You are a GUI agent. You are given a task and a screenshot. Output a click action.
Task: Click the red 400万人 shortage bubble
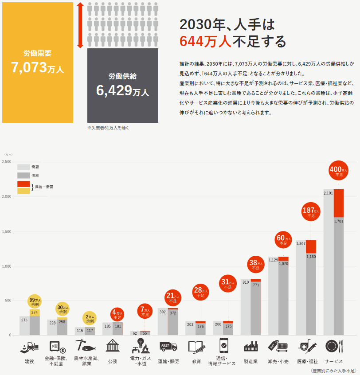339,171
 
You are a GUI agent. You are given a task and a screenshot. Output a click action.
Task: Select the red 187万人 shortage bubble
311,212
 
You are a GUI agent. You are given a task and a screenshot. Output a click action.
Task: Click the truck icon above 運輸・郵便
168,346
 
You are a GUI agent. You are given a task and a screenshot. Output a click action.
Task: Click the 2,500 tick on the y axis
7,162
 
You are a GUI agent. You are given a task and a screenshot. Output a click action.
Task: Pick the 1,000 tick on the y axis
7,266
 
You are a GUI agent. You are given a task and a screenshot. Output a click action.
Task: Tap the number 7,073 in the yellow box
29,68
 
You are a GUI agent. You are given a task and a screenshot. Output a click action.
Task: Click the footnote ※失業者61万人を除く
109,128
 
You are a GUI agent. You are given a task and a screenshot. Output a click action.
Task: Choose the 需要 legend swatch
23,167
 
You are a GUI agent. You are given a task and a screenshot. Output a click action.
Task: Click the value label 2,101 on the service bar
329,193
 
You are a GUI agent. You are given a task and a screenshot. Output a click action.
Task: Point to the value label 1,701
339,221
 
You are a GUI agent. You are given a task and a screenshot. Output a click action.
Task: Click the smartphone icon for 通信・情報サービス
223,345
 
